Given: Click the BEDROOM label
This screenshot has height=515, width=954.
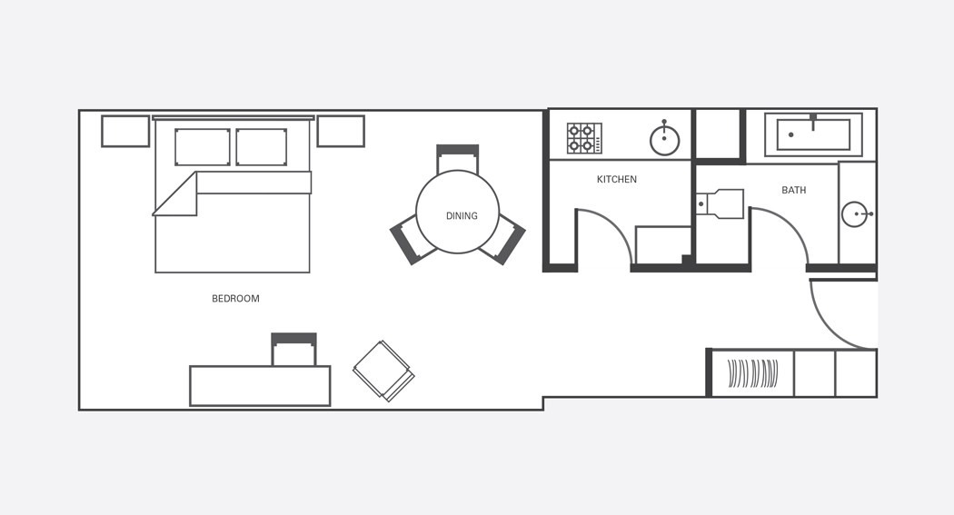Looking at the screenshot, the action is tap(235, 299).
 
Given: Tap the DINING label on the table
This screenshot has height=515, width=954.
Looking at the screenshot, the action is tap(462, 216).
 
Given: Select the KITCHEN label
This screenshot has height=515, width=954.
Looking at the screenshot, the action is tap(617, 179).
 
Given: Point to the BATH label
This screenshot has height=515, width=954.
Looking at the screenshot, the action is tap(794, 191).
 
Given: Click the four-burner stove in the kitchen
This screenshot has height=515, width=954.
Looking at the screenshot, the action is tap(585, 138).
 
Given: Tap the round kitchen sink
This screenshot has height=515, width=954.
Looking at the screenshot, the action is tap(664, 140).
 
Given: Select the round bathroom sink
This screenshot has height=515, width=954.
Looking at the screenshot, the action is tap(856, 214).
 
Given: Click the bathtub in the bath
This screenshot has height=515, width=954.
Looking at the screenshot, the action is tap(813, 134).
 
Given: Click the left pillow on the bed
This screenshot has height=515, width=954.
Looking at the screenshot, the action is tap(203, 146).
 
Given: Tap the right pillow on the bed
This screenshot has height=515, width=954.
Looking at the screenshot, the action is tap(261, 146).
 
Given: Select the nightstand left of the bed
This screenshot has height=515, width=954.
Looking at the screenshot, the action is tap(125, 132).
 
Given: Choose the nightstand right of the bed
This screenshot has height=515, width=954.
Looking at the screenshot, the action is tap(341, 132).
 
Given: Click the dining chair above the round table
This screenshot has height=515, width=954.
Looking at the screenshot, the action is tap(458, 159).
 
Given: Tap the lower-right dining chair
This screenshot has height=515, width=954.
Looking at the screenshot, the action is tap(503, 239).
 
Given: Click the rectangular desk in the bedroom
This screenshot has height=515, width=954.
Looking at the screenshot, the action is tap(261, 385).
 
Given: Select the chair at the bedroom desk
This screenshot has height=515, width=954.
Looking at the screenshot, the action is tap(293, 349).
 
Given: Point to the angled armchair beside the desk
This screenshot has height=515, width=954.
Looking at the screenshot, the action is tap(383, 371).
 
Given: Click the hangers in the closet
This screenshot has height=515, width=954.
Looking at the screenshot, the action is tap(752, 373).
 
